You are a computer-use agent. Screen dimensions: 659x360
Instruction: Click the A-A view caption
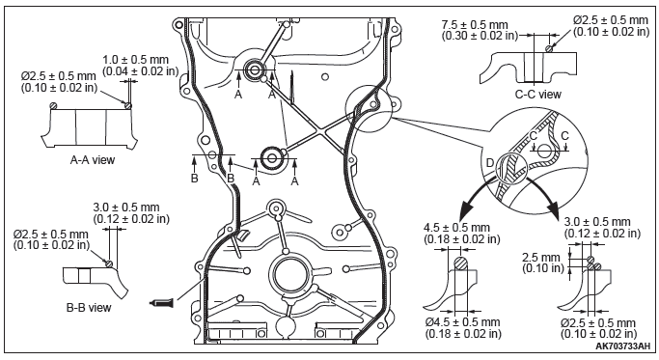tap(92, 160)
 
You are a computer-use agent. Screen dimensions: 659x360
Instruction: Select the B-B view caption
tap(89, 308)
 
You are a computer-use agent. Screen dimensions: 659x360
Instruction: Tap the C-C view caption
tap(538, 95)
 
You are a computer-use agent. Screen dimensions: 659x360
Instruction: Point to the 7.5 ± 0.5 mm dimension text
tap(475, 25)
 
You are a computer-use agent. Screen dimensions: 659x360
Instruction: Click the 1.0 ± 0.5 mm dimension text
tap(135, 60)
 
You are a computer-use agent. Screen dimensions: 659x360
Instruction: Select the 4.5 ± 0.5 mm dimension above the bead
tap(456, 228)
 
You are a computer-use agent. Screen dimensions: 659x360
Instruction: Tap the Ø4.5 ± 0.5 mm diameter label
tap(462, 322)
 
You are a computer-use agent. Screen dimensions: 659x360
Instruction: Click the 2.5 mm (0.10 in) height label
tap(542, 263)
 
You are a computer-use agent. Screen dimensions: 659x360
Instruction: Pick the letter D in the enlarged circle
tap(489, 163)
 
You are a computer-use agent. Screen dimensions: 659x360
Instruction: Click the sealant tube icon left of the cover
tap(162, 302)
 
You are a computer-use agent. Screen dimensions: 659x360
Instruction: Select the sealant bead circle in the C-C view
tap(549, 49)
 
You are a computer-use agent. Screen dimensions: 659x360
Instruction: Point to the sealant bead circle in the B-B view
tap(109, 263)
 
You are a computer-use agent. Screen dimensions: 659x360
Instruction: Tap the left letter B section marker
tap(194, 179)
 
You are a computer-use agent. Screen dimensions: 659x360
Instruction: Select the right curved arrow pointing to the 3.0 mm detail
tap(543, 192)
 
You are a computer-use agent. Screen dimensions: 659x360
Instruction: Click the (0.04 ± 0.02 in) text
tap(140, 71)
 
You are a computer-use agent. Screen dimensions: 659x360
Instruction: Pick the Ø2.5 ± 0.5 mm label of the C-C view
tap(611, 19)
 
